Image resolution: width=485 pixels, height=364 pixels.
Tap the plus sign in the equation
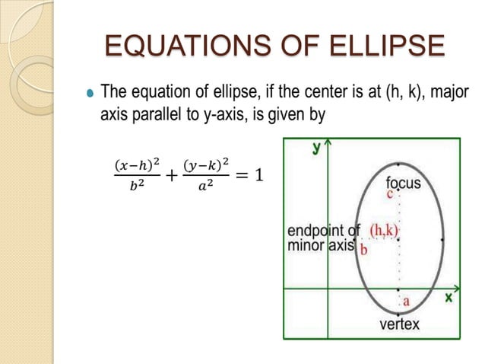tap(171, 176)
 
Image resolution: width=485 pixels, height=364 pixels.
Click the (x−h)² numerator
tap(137, 165)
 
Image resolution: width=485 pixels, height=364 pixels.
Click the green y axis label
tap(315, 148)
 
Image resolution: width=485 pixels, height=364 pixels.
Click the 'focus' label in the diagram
tap(404, 183)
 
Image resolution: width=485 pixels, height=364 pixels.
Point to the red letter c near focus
tap(390, 194)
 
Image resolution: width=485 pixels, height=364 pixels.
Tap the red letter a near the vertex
tap(407, 302)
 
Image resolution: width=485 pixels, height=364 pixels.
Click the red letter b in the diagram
tap(363, 249)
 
